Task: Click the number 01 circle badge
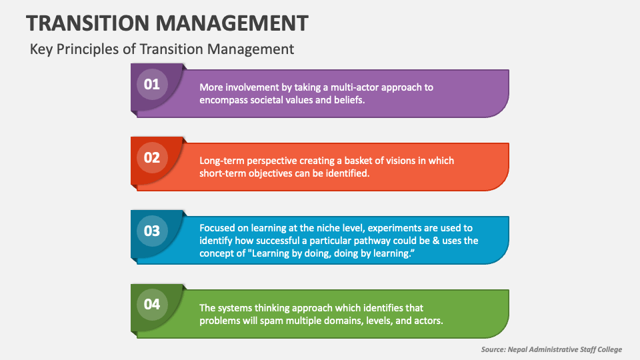pyautogui.click(x=152, y=85)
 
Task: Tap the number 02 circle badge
pyautogui.click(x=152, y=158)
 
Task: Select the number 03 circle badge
pyautogui.click(x=152, y=231)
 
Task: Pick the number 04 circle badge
pyautogui.click(x=152, y=305)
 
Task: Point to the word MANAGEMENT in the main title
pyautogui.click(x=233, y=23)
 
